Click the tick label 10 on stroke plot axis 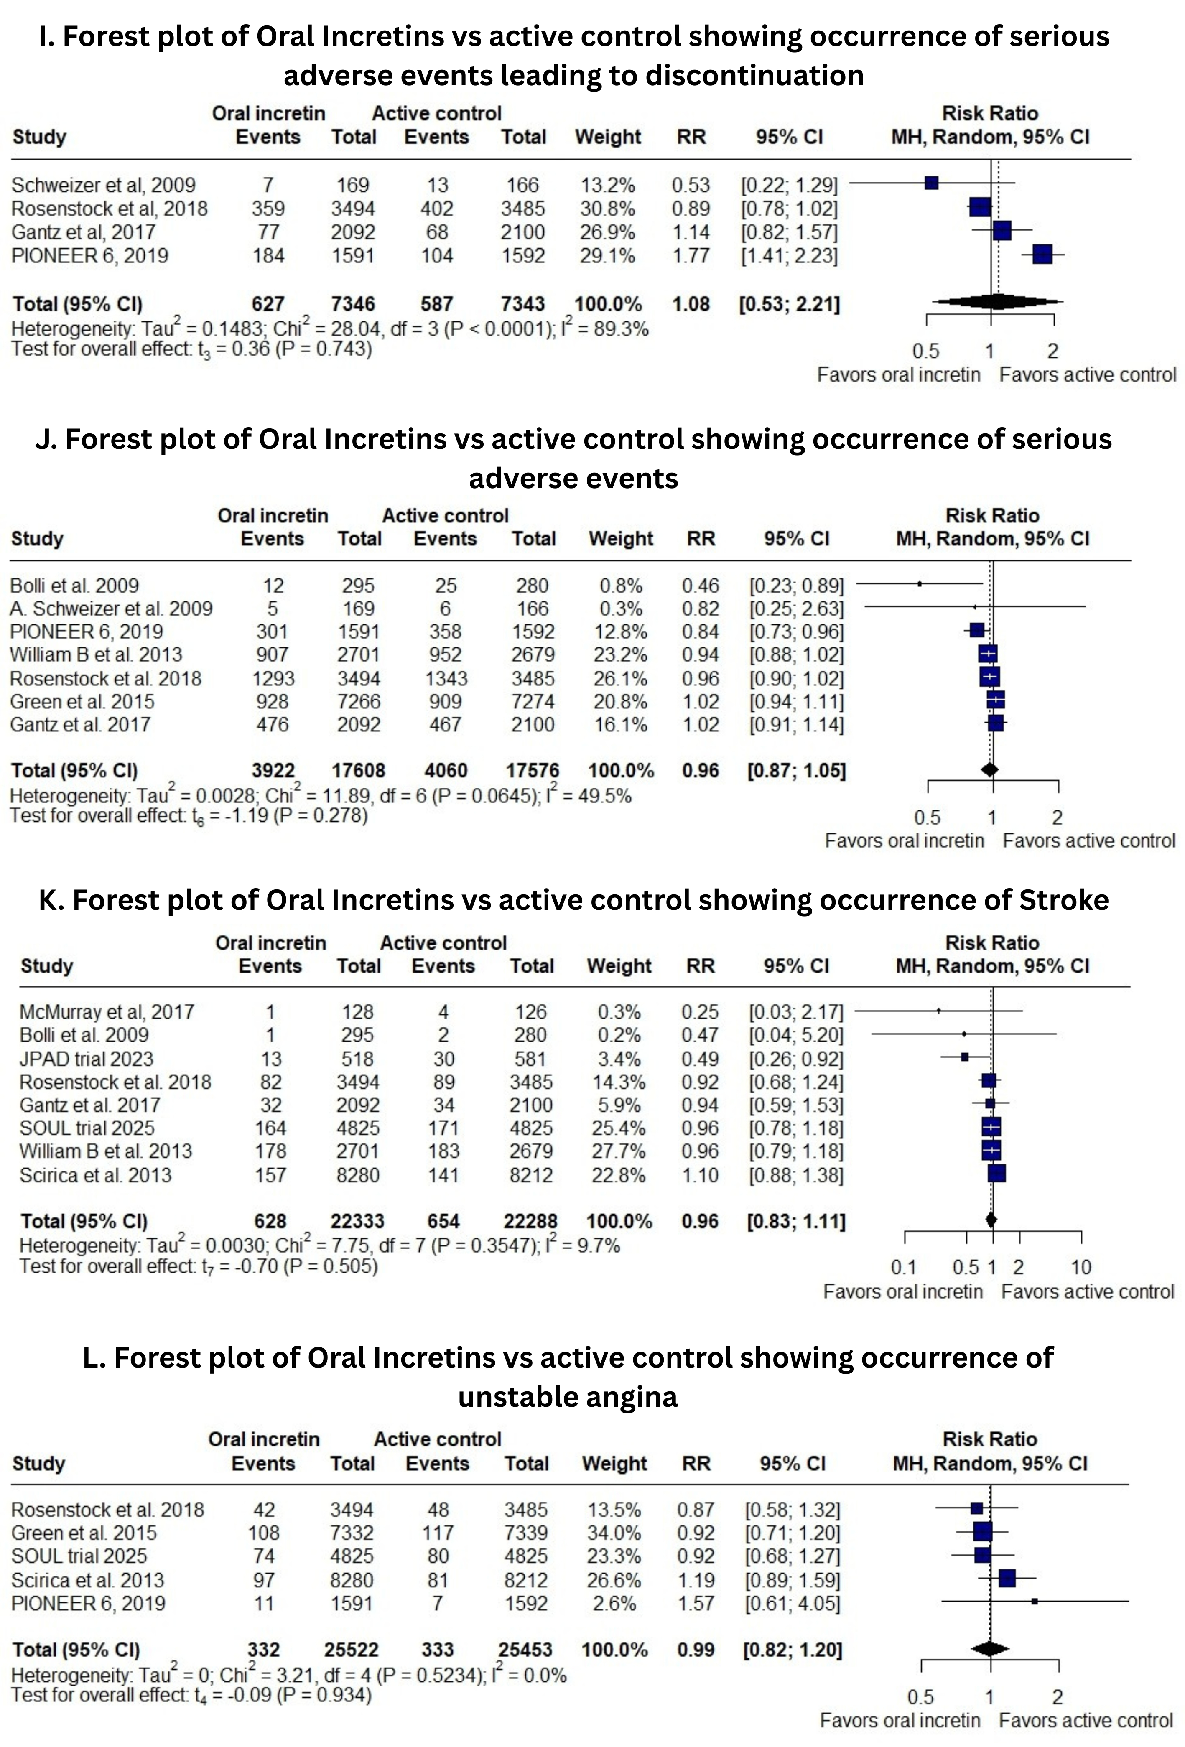(x=1081, y=1267)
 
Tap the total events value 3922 (x=273, y=771)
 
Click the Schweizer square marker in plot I (x=932, y=183)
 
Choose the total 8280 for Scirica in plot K (x=358, y=1175)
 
